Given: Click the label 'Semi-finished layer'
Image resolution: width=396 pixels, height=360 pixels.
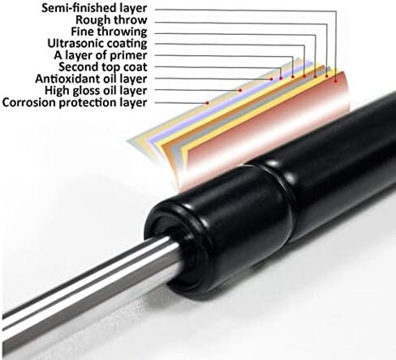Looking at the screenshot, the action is click(x=94, y=8).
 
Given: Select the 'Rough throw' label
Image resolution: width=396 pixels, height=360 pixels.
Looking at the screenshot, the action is click(x=111, y=20).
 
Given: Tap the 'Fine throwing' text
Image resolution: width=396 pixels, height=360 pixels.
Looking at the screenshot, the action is click(x=109, y=32).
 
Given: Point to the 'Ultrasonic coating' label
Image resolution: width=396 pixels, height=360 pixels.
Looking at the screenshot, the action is click(x=97, y=43).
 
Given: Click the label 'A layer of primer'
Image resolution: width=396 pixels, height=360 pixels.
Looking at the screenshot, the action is click(x=101, y=55).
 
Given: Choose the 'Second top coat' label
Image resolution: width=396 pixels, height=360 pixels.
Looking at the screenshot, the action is click(x=103, y=66).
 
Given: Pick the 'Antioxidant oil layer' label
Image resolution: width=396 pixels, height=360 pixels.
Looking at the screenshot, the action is click(x=91, y=79).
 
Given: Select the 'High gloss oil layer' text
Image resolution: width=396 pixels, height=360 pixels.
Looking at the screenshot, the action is click(x=96, y=91).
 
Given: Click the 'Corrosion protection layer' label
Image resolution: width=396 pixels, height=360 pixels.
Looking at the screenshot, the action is click(x=75, y=102).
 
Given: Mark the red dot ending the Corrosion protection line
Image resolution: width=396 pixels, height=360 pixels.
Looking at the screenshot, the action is click(x=208, y=103).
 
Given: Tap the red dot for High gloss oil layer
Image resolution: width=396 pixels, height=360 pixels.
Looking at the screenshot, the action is click(x=240, y=90).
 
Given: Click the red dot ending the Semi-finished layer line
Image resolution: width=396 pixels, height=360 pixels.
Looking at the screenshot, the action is click(x=336, y=81).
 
